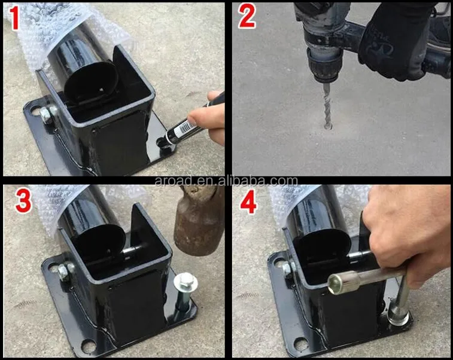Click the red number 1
point(14,18)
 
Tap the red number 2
point(247,17)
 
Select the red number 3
point(23,201)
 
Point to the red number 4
point(248,202)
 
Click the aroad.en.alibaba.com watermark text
point(226,181)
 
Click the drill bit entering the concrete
point(327,106)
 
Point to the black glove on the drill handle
point(396,41)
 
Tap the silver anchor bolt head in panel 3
point(186,282)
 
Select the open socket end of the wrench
point(335,285)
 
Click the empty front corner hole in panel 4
point(300,343)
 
